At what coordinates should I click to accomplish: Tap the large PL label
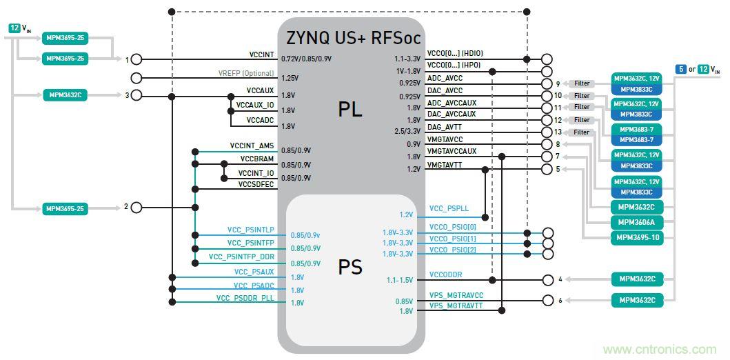[x=350, y=109]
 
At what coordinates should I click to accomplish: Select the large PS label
[x=350, y=267]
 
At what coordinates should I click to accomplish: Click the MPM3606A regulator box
[x=637, y=222]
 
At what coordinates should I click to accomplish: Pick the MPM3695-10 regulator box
[x=637, y=237]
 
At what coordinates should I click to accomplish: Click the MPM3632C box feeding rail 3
[x=67, y=95]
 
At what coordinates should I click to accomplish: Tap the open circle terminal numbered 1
[x=136, y=59]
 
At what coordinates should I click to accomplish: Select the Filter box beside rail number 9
[x=582, y=83]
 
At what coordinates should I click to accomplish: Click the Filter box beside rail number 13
[x=582, y=132]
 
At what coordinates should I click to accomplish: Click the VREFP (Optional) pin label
[x=247, y=73]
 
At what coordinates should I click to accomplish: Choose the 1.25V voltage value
[x=290, y=79]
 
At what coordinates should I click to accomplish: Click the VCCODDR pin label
[x=445, y=274]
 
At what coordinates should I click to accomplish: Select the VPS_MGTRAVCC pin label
[x=456, y=295]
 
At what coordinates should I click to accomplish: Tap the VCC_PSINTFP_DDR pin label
[x=241, y=256]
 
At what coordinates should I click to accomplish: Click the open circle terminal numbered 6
[x=548, y=300]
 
